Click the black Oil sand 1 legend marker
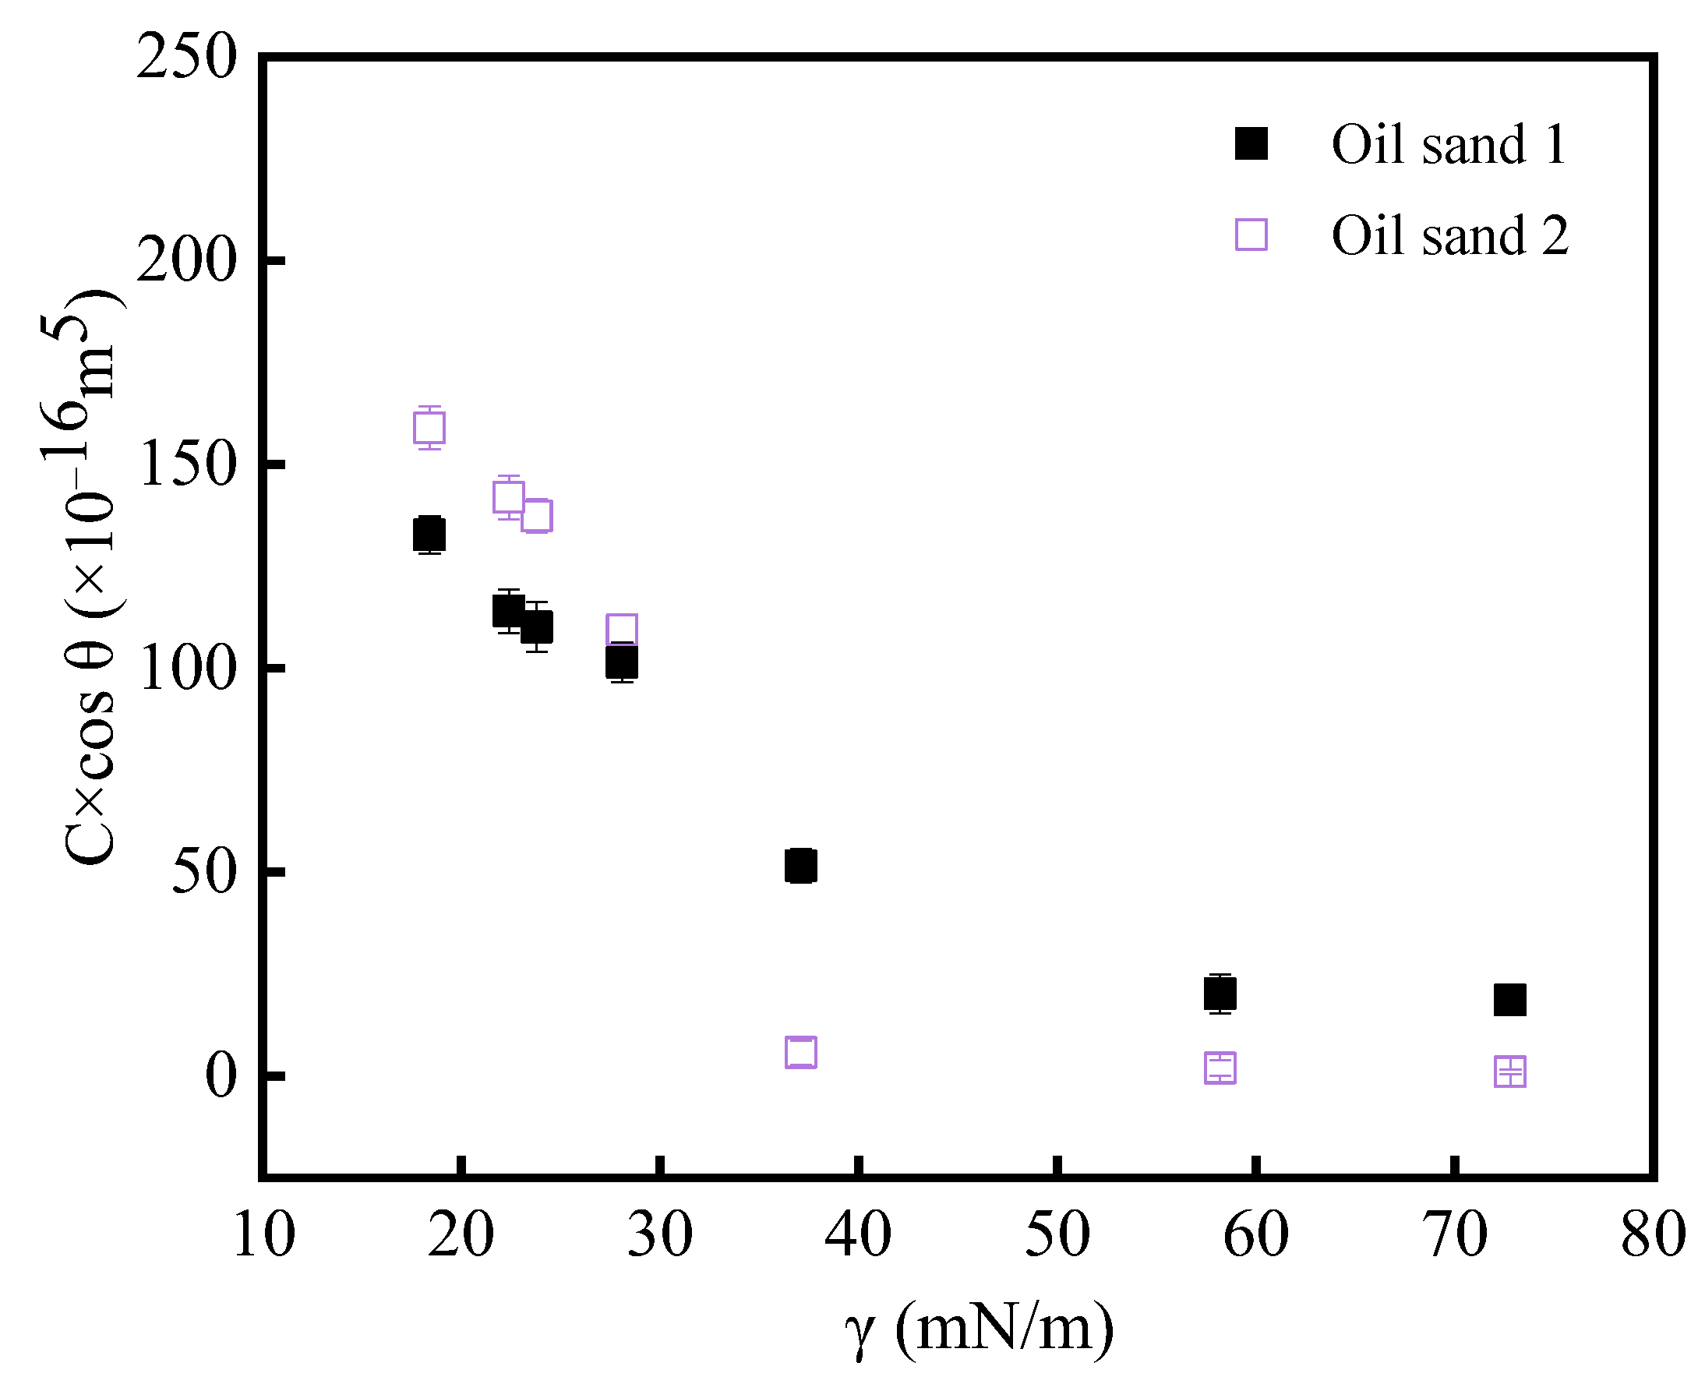pyautogui.click(x=1251, y=144)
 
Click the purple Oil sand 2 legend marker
pyautogui.click(x=1251, y=235)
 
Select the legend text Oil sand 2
pyautogui.click(x=1449, y=236)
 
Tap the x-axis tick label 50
pyautogui.click(x=1057, y=1234)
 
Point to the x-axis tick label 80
pyautogui.click(x=1654, y=1234)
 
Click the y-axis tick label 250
pyautogui.click(x=186, y=58)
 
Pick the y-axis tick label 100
pyautogui.click(x=186, y=668)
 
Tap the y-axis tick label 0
pyautogui.click(x=221, y=1075)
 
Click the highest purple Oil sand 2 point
pyautogui.click(x=429, y=427)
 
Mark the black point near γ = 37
pyautogui.click(x=800, y=866)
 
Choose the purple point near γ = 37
pyautogui.click(x=800, y=1052)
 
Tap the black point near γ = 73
pyautogui.click(x=1510, y=999)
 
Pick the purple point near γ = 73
pyautogui.click(x=1510, y=1072)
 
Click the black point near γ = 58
pyautogui.click(x=1220, y=994)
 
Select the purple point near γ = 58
pyautogui.click(x=1220, y=1068)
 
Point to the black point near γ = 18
pyautogui.click(x=429, y=534)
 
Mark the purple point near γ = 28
pyautogui.click(x=622, y=630)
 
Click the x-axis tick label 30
pyautogui.click(x=660, y=1234)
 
